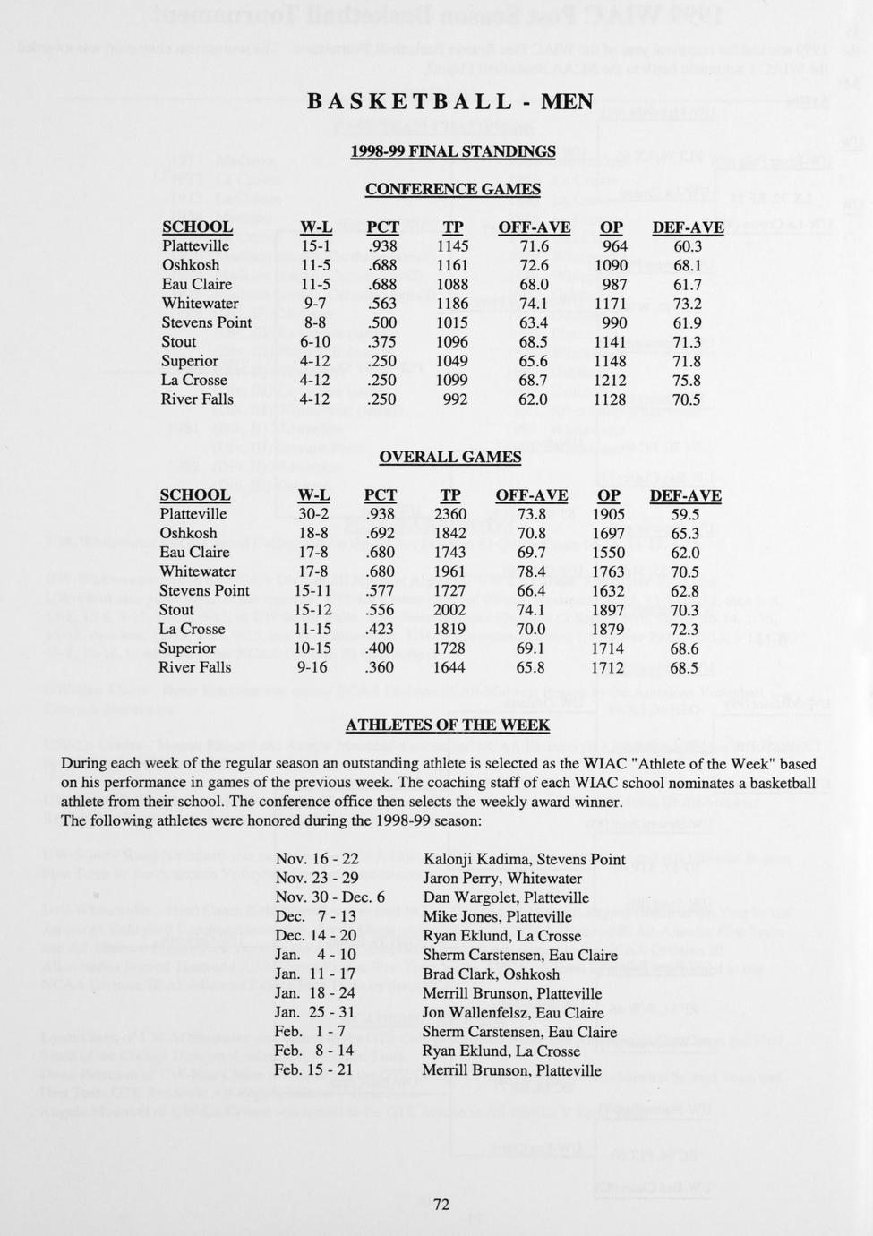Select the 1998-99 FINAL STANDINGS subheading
pyautogui.click(x=452, y=151)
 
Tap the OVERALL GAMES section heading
pyautogui.click(x=449, y=457)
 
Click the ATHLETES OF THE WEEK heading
pyautogui.click(x=448, y=725)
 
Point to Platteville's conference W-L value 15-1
pyautogui.click(x=316, y=246)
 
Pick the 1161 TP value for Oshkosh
pyautogui.click(x=452, y=265)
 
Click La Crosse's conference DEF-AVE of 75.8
pyautogui.click(x=686, y=381)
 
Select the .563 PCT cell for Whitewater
pyautogui.click(x=382, y=304)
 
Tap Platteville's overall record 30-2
pyautogui.click(x=313, y=514)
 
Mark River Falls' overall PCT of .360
pyautogui.click(x=380, y=667)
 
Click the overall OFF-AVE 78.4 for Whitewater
pyautogui.click(x=531, y=571)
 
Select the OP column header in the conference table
pyautogui.click(x=612, y=227)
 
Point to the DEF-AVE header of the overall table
pyautogui.click(x=685, y=495)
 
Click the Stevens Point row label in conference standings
pyautogui.click(x=207, y=322)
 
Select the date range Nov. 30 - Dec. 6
pyautogui.click(x=330, y=897)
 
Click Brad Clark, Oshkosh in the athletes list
pyautogui.click(x=491, y=974)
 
